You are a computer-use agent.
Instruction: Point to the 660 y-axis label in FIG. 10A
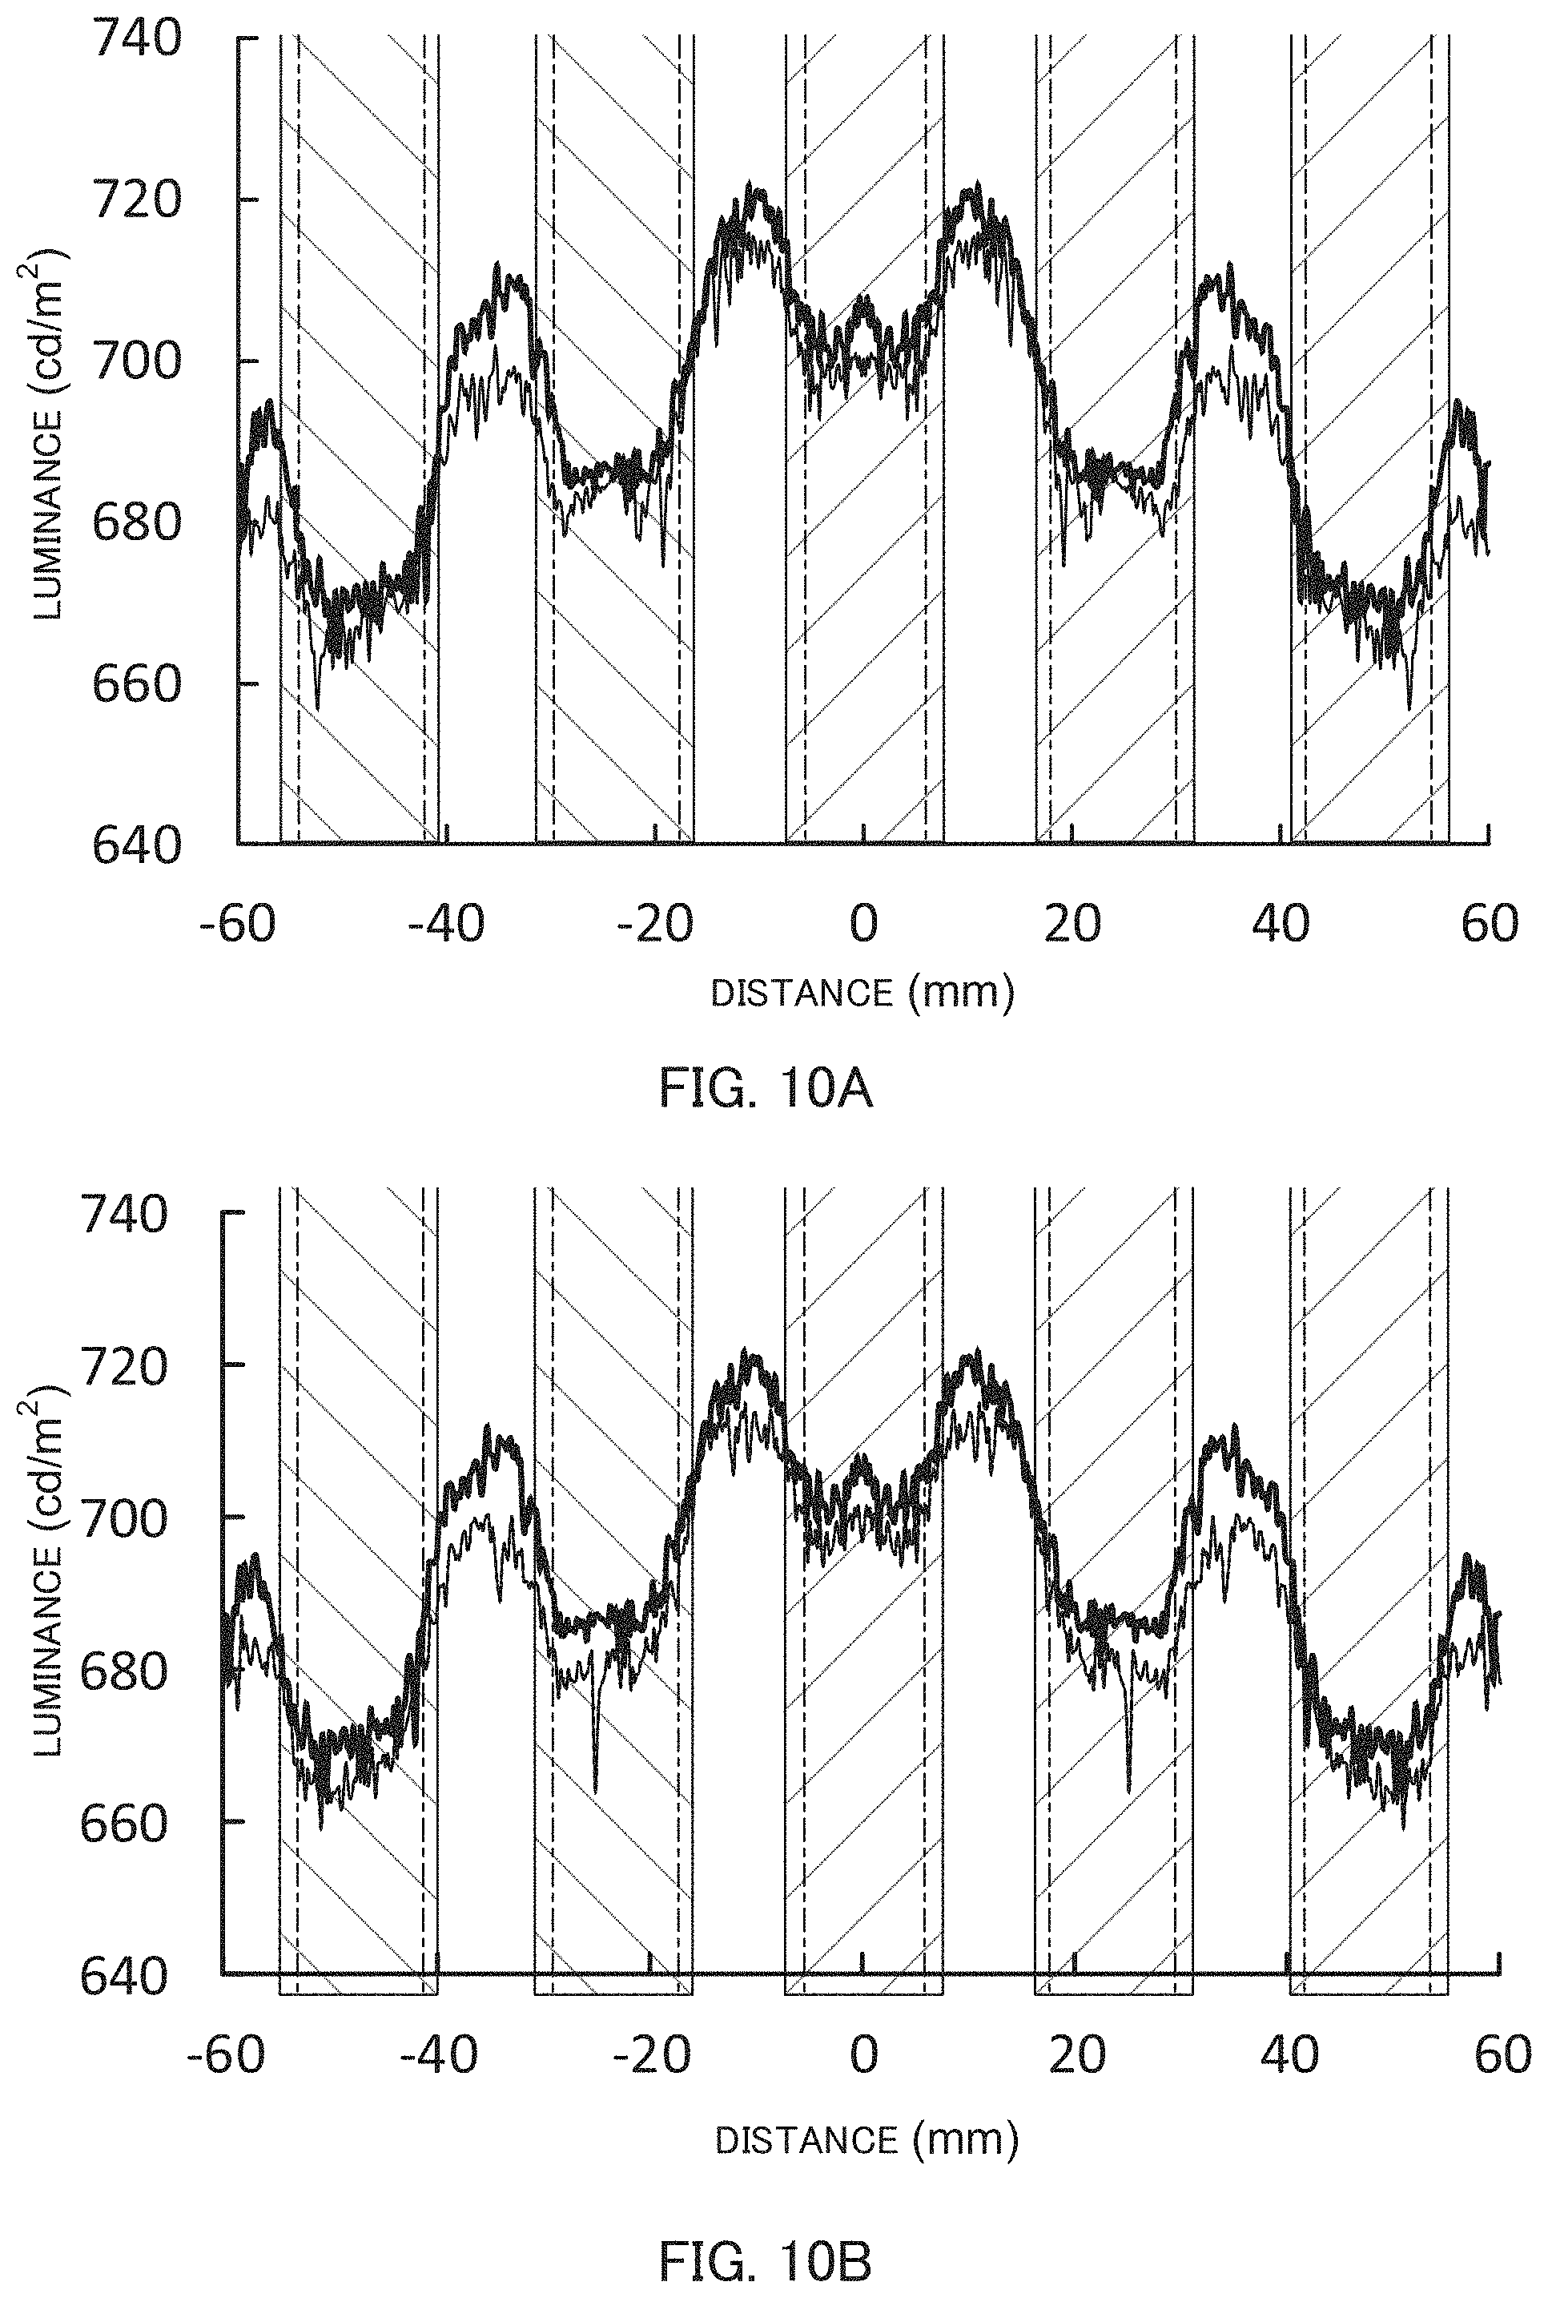pyautogui.click(x=137, y=683)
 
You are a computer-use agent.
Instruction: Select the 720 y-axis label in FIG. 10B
pyautogui.click(x=124, y=1369)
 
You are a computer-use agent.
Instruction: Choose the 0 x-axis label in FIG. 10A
pyautogui.click(x=864, y=925)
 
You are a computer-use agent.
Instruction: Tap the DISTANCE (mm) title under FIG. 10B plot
pyautogui.click(x=866, y=2140)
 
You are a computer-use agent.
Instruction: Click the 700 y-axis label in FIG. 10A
pyautogui.click(x=137, y=362)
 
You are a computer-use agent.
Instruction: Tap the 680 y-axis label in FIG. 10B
pyautogui.click(x=124, y=1671)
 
